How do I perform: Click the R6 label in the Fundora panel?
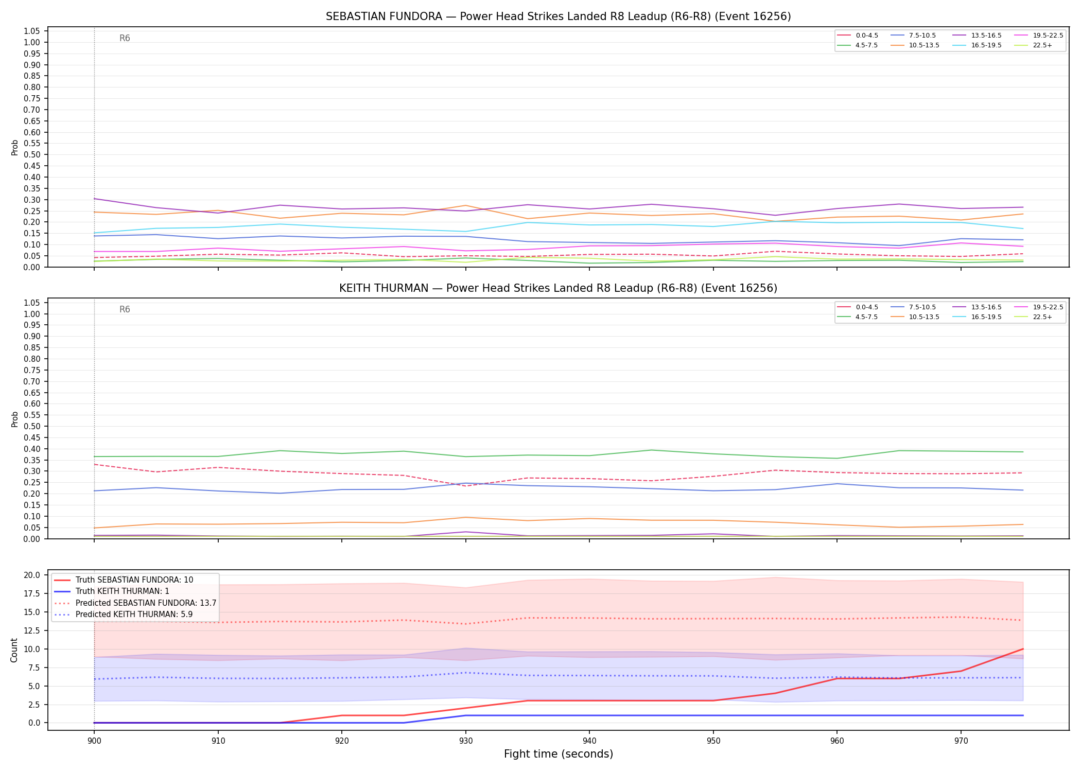pos(125,38)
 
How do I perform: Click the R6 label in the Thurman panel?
pos(125,309)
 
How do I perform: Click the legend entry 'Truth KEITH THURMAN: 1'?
pos(123,591)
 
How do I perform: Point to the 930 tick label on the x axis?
pos(465,741)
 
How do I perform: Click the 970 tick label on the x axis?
pos(961,741)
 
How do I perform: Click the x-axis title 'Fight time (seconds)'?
pos(559,754)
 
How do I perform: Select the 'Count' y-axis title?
pos(14,650)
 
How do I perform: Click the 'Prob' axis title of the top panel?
pos(14,147)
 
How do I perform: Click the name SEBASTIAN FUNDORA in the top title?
pos(384,16)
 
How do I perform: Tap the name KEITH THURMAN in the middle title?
pos(384,288)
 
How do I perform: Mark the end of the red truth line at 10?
pos(1022,649)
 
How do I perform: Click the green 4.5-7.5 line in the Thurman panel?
pos(559,455)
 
